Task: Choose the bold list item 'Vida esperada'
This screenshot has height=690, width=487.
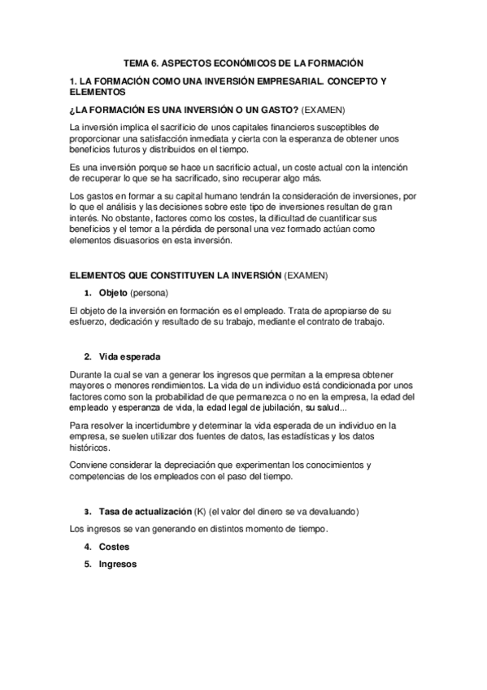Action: pos(129,356)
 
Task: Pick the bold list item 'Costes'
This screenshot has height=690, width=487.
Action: pos(114,548)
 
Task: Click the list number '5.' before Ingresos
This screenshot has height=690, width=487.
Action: pos(87,565)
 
